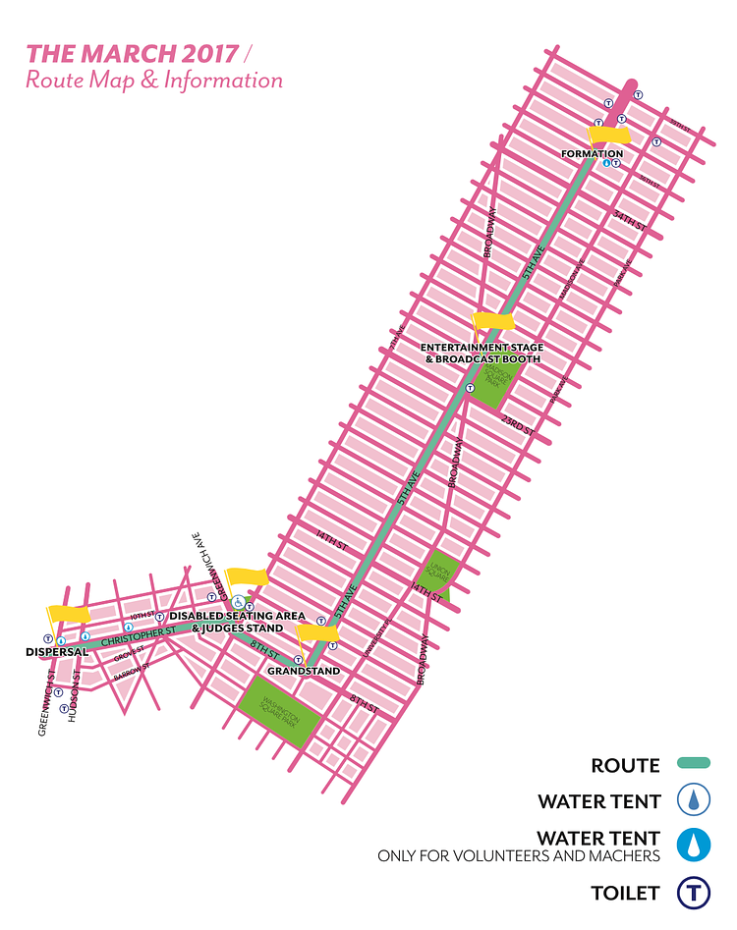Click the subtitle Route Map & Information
154,81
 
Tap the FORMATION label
592,154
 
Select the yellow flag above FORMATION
609,135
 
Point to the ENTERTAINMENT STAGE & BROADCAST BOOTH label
482,354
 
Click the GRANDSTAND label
309,672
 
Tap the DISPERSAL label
57,651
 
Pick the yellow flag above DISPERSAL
68,613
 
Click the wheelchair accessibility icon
237,604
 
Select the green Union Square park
436,572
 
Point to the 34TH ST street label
629,219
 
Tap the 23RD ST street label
518,423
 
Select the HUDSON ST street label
74,702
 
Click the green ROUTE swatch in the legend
693,763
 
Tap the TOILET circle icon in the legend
693,895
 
